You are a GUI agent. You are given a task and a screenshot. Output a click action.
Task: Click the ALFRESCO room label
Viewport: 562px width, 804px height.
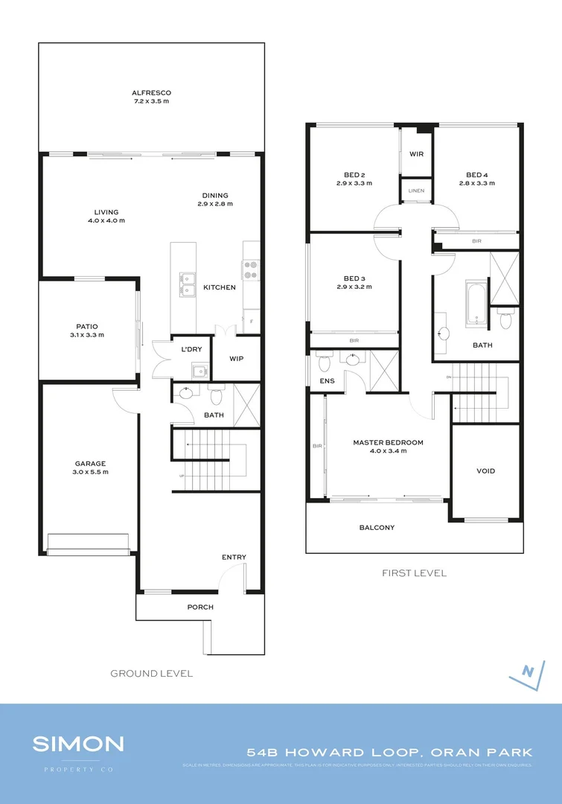151,93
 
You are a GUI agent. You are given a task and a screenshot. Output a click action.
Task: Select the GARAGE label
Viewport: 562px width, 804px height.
89,462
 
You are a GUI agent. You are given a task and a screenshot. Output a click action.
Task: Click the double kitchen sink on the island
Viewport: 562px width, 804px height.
187,284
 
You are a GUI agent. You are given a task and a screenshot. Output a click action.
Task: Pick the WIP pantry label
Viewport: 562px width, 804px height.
236,358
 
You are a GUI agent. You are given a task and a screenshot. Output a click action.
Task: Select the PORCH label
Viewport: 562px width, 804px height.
200,607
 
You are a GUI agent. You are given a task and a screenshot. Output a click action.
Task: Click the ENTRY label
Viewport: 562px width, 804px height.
234,557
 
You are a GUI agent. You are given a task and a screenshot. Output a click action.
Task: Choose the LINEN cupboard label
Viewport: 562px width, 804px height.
416,191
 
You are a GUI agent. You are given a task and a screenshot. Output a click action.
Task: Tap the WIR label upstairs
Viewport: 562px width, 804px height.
416,154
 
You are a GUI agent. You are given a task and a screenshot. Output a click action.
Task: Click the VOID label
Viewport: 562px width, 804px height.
485,470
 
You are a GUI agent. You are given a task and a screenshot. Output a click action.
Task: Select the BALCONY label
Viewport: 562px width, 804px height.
377,528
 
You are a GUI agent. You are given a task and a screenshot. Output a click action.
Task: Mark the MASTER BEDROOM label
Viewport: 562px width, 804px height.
388,442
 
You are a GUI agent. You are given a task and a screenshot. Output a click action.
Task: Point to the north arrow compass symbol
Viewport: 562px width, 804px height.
527,671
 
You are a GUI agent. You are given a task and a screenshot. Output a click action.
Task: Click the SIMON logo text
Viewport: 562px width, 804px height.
78,744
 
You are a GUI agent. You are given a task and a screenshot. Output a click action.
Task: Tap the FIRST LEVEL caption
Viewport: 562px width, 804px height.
414,572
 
